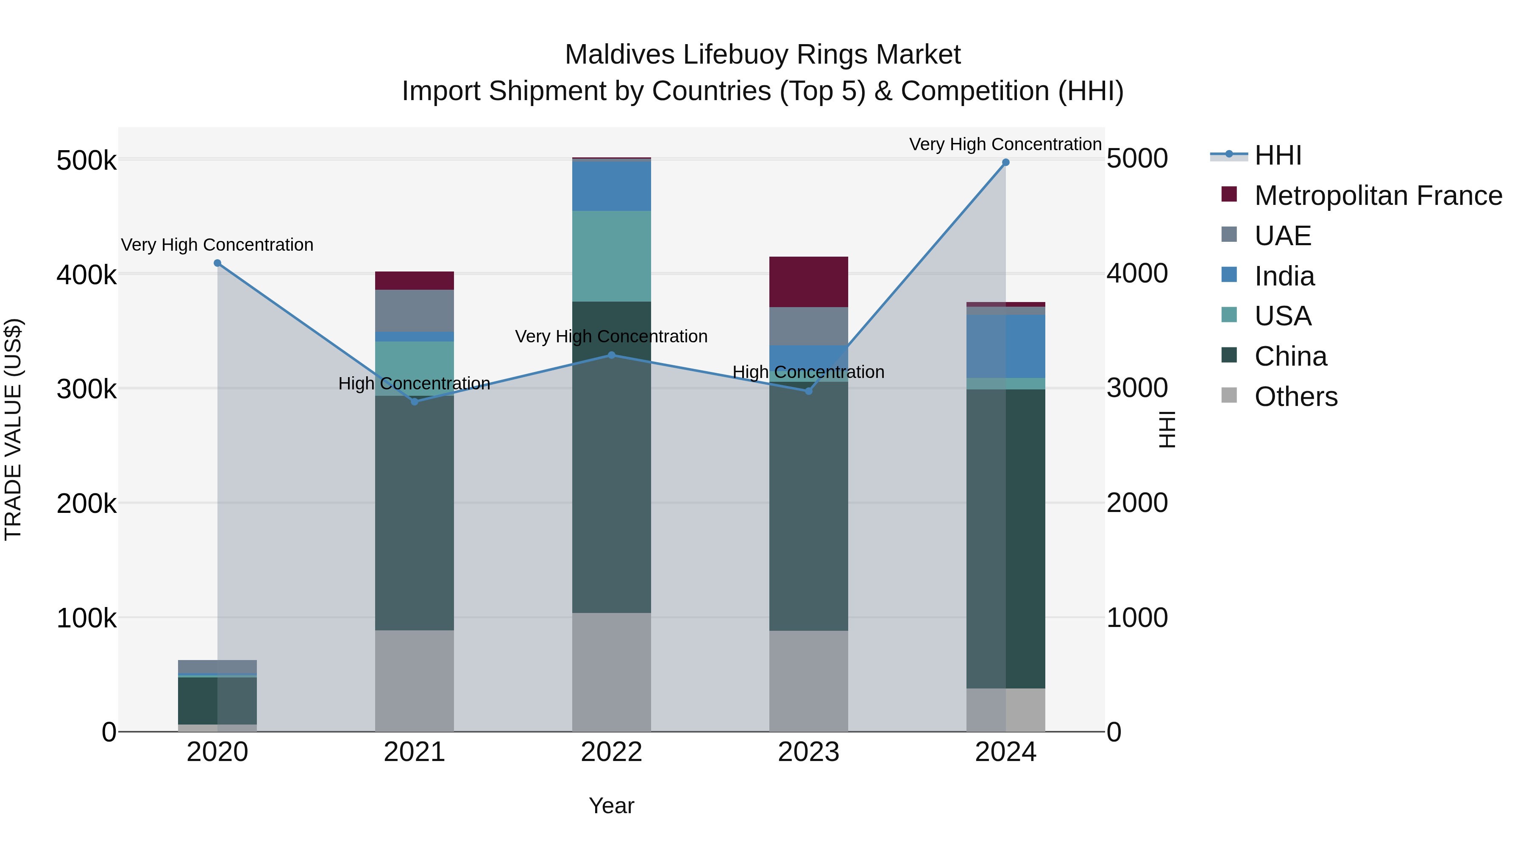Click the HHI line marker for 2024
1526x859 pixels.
click(x=1005, y=162)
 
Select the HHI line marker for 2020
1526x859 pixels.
click(x=217, y=263)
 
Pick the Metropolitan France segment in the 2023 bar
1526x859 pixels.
click(x=809, y=282)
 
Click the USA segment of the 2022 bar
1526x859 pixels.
click(x=611, y=256)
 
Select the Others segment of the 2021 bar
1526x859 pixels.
click(x=414, y=680)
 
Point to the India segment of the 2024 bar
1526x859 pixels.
click(x=1005, y=346)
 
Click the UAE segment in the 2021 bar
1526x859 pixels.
click(x=414, y=311)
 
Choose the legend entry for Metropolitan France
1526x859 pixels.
click(x=1378, y=196)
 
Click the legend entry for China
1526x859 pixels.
click(x=1290, y=356)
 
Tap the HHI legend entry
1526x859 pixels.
click(x=1278, y=155)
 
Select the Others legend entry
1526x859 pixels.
click(x=1295, y=397)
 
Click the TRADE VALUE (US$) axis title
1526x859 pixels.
click(x=13, y=429)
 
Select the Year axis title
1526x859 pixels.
click(x=611, y=806)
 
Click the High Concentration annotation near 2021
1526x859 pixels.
click(x=414, y=383)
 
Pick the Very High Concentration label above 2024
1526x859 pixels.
click(x=1005, y=144)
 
